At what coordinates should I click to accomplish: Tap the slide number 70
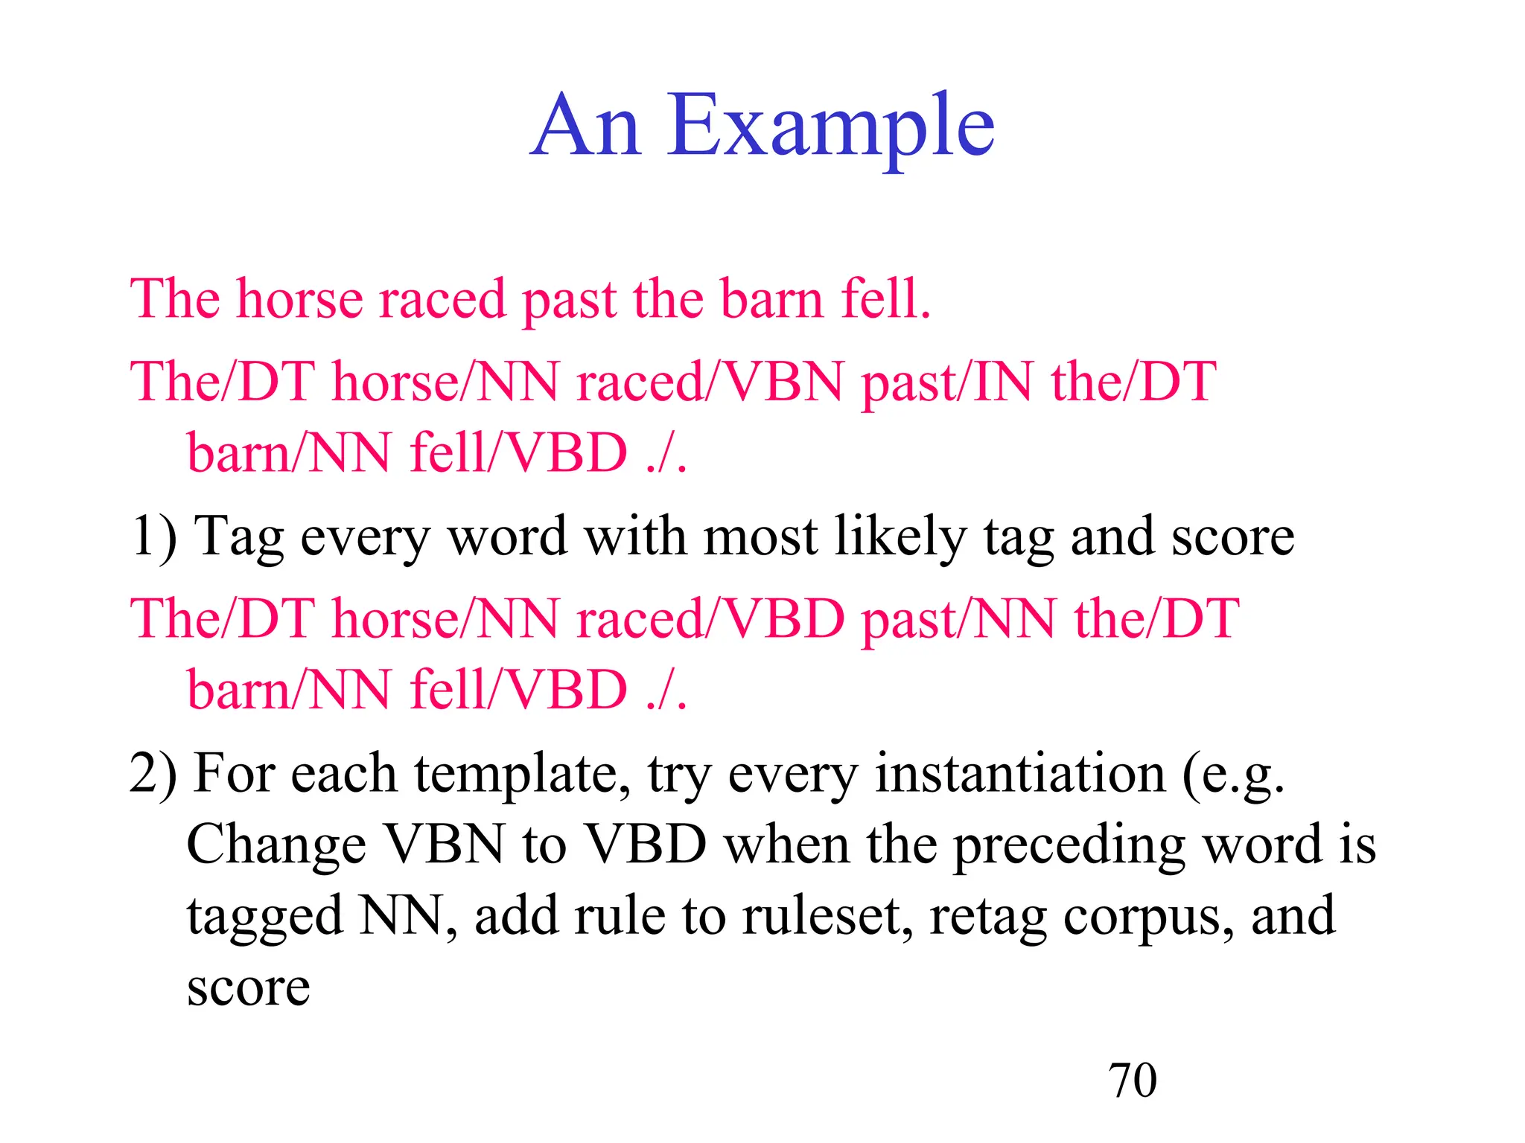click(1133, 1080)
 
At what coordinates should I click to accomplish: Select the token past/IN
click(946, 382)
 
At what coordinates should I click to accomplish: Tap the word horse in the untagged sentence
click(299, 299)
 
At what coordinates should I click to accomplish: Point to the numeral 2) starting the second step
click(153, 774)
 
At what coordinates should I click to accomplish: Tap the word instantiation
click(1019, 774)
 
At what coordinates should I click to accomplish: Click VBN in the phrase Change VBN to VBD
click(444, 845)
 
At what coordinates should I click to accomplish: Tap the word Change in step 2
click(276, 847)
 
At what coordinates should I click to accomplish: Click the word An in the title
click(586, 128)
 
